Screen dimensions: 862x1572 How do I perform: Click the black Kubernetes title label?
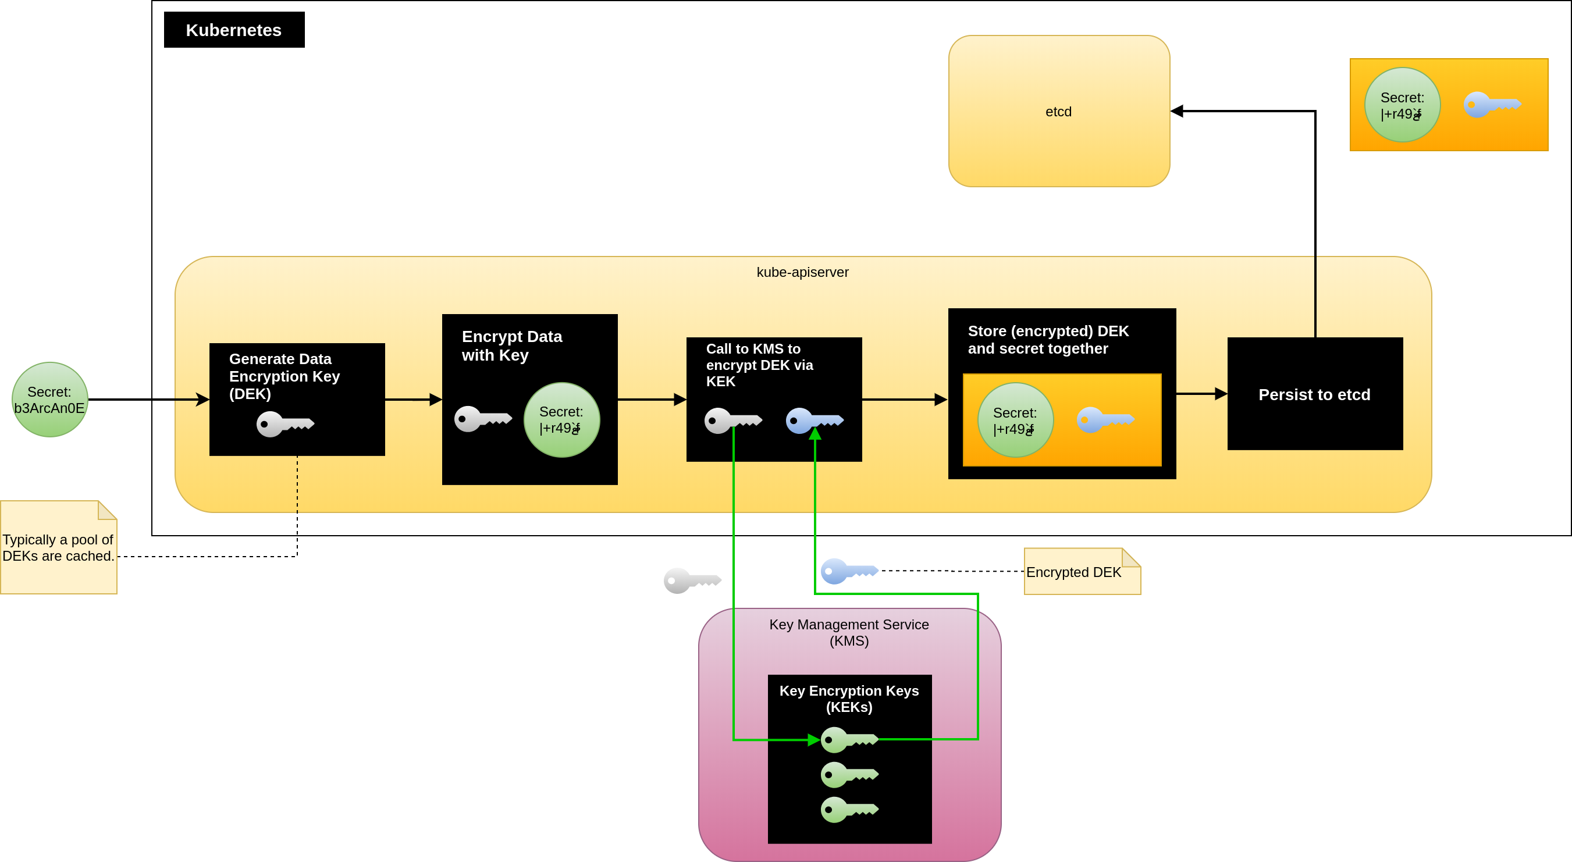click(x=234, y=30)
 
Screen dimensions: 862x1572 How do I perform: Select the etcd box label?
click(x=1058, y=112)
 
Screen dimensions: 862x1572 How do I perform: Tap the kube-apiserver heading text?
click(x=802, y=272)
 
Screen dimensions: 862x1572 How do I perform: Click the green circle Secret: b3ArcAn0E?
click(x=49, y=400)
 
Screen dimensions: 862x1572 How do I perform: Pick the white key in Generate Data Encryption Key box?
click(x=285, y=423)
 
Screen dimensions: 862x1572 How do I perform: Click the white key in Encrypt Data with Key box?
click(x=483, y=418)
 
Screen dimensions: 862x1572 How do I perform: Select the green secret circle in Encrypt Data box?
click(x=561, y=420)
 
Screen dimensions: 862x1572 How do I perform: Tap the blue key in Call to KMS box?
click(x=814, y=421)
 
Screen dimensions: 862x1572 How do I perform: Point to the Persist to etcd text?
click(x=1314, y=395)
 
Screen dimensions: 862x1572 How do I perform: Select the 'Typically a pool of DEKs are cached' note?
click(x=58, y=548)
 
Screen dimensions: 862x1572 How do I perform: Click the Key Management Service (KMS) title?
click(x=849, y=633)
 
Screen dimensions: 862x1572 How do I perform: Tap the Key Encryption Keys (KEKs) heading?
click(x=849, y=699)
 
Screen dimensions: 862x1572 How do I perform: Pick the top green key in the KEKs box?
click(x=849, y=740)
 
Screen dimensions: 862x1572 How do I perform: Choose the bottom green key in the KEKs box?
click(x=849, y=810)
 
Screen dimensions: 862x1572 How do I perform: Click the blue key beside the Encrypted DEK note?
click(x=849, y=571)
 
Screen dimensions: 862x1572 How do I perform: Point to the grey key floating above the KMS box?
click(x=692, y=580)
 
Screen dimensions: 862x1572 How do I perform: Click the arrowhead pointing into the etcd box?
click(x=1176, y=111)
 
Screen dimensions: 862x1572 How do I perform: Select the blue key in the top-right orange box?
click(x=1492, y=105)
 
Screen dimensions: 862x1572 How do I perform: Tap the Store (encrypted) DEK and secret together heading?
click(x=1048, y=340)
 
